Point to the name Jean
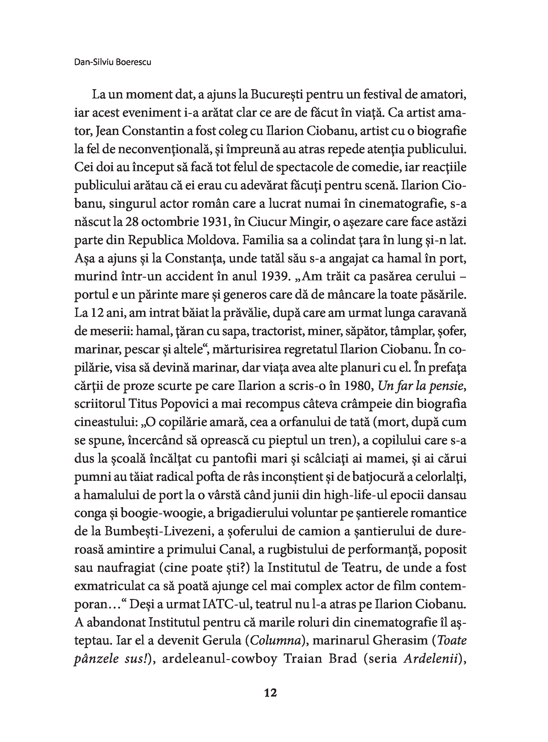(x=107, y=131)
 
